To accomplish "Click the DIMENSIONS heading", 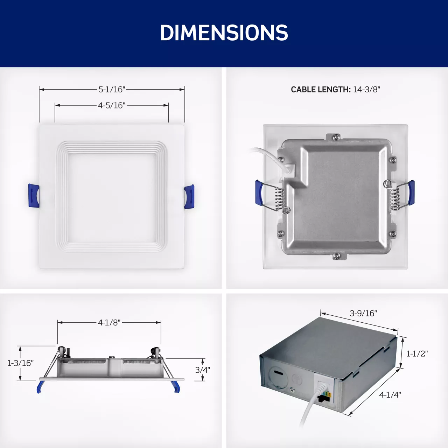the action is coord(224,33).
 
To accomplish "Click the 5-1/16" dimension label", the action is coord(112,90).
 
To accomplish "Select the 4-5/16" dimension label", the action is coord(112,105).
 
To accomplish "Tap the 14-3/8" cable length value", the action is coord(367,90).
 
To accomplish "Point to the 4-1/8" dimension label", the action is coord(109,323).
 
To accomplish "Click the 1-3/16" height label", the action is coord(20,363).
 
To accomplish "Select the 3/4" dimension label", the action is coord(203,370).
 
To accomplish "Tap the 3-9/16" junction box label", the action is coord(363,313).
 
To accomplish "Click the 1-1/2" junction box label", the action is coord(417,353).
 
